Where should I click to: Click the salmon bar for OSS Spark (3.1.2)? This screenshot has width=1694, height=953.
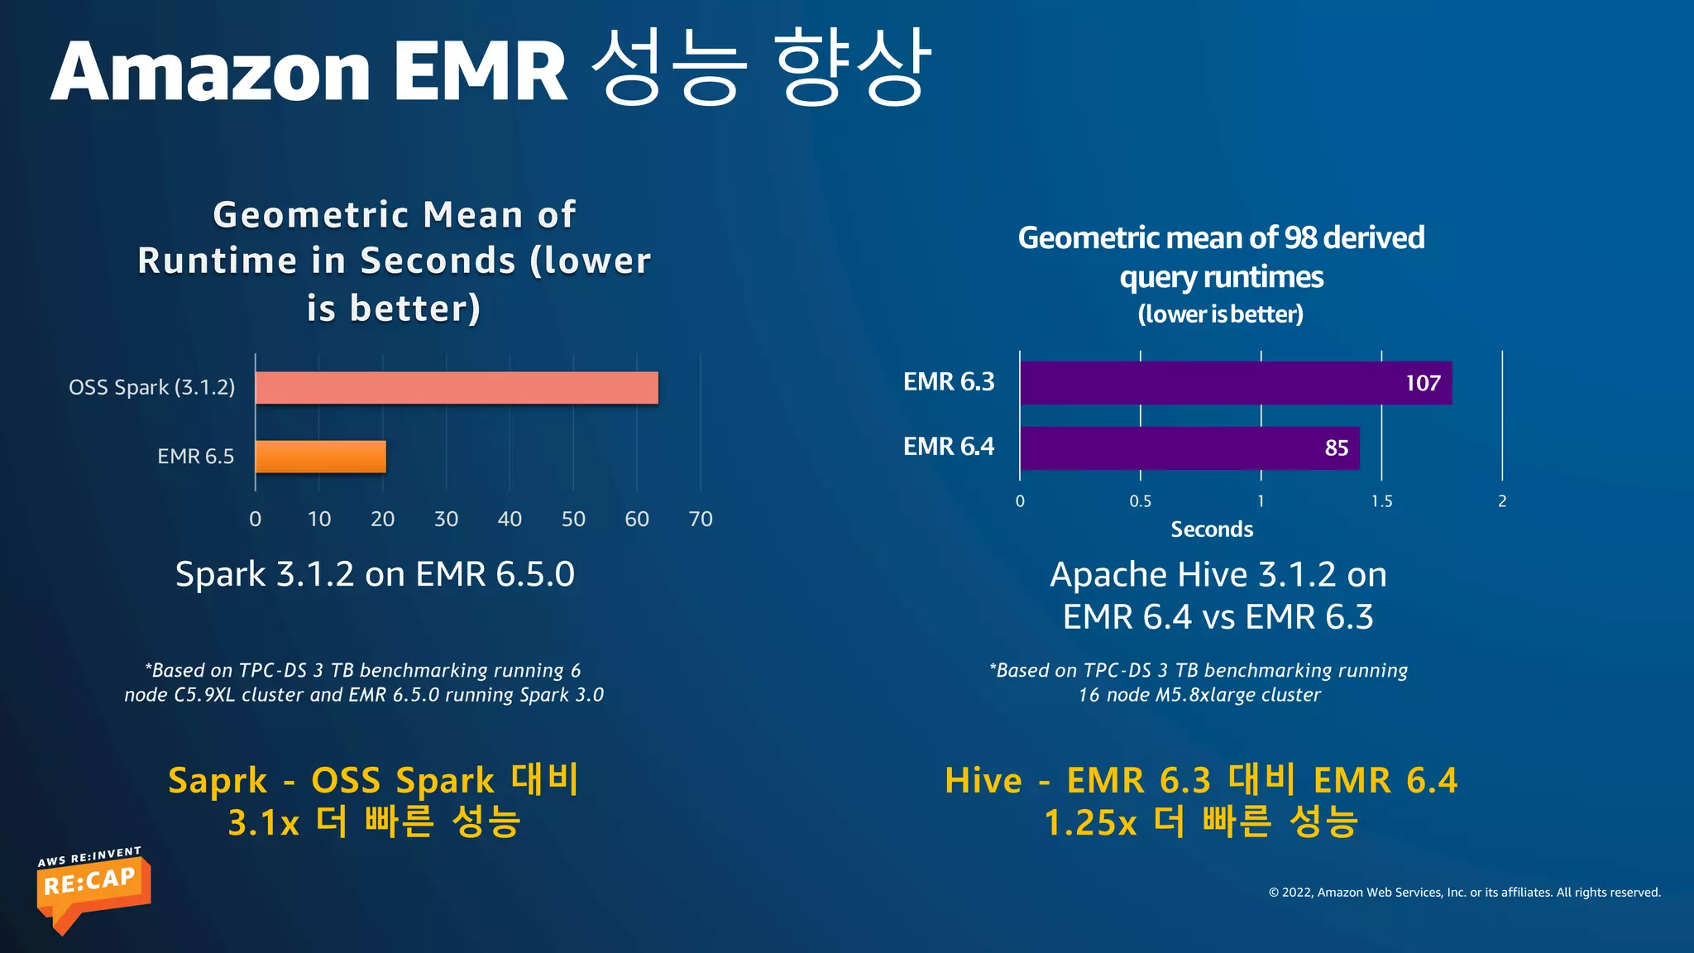(457, 388)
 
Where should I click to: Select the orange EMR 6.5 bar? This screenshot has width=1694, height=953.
(321, 457)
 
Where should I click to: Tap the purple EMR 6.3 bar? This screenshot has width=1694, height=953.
(1208, 383)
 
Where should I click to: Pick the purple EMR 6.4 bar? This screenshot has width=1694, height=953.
(1175, 448)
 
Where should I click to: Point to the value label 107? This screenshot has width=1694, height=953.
(1423, 383)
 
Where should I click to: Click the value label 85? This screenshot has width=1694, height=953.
(1336, 448)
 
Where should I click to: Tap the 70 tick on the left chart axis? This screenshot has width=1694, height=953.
(700, 520)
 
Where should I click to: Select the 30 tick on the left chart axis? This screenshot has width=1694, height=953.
(446, 520)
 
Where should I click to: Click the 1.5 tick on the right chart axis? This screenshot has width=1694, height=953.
(1381, 501)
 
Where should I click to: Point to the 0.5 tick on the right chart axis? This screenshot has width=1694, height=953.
(1140, 501)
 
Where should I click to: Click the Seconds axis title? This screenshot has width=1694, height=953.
(1212, 529)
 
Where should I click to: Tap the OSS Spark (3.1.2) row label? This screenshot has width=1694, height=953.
(151, 387)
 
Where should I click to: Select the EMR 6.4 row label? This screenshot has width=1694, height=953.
(948, 447)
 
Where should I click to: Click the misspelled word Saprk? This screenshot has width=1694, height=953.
(218, 781)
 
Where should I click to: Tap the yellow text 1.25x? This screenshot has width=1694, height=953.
(1090, 823)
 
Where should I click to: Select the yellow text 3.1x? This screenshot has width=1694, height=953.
(263, 823)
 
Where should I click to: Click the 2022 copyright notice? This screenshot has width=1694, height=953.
(1464, 892)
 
